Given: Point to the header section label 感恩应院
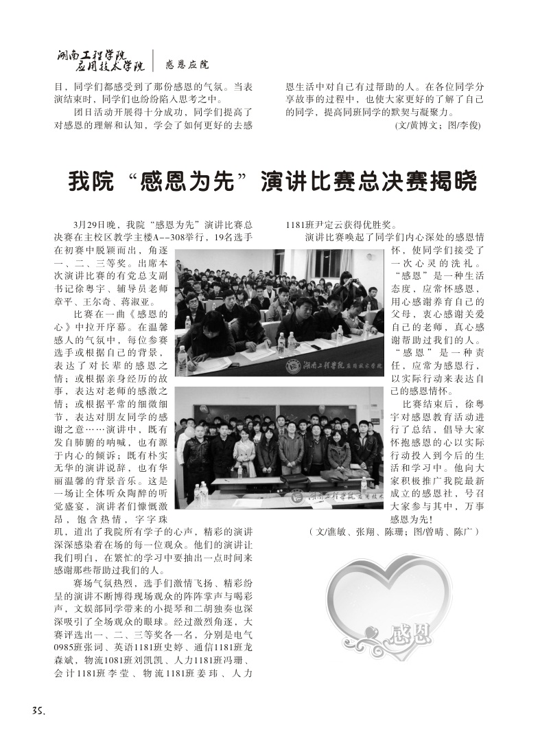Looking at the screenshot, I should tap(187, 65).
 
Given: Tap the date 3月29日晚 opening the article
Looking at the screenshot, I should tap(95, 224).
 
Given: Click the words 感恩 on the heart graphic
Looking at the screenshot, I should tap(410, 630).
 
